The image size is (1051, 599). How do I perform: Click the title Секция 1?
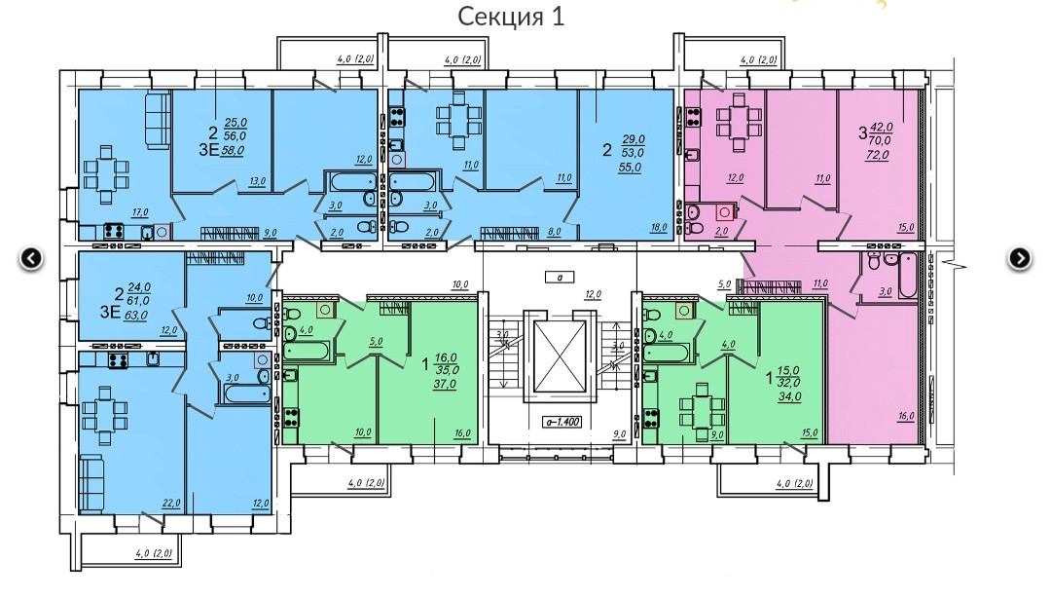tap(510, 17)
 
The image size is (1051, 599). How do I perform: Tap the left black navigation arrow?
tap(32, 258)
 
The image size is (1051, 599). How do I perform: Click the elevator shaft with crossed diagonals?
tap(558, 355)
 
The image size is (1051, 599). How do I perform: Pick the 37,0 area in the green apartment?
tap(447, 385)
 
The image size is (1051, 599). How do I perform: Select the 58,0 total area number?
tap(235, 152)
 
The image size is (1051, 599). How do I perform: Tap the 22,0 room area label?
tap(170, 504)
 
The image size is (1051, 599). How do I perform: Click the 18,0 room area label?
tap(660, 227)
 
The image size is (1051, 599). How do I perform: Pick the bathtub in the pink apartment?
tap(907, 277)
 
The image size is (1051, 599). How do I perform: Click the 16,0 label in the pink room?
tap(906, 415)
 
